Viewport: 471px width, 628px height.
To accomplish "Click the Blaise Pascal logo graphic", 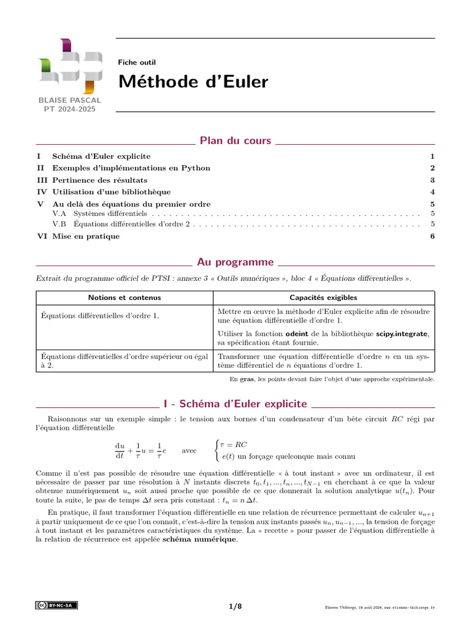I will click(69, 66).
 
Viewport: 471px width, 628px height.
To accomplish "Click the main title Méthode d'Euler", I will click(193, 82).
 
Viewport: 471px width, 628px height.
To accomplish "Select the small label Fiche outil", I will click(137, 62).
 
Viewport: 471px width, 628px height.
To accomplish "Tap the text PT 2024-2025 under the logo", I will click(69, 109).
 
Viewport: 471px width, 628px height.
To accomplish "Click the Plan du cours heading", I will click(235, 141).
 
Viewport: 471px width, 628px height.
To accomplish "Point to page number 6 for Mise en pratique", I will click(432, 236).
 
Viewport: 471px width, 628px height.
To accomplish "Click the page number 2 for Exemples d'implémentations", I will click(432, 168).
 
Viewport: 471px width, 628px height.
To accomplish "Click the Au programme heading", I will click(235, 262).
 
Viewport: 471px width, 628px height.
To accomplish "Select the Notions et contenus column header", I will click(124, 297).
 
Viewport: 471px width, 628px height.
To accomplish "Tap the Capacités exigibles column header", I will click(324, 297).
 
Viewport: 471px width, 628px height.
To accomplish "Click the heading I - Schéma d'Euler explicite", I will click(235, 404).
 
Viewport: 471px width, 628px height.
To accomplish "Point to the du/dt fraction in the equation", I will click(120, 450).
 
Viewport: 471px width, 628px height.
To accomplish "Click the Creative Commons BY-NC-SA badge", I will click(56, 605).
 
